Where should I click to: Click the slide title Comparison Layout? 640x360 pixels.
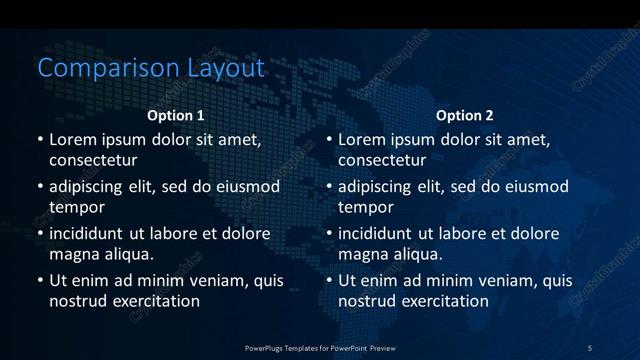(x=151, y=68)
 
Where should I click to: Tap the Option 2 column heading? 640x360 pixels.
(x=465, y=116)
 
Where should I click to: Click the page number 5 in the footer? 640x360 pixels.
(x=590, y=347)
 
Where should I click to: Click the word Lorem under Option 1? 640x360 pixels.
(x=73, y=139)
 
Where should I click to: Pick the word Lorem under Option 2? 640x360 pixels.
(x=362, y=139)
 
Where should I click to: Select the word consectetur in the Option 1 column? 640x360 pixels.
(x=93, y=159)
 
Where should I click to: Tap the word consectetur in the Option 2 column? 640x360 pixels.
(x=382, y=159)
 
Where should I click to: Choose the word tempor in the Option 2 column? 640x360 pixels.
(x=366, y=206)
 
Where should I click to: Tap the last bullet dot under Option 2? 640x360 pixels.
(x=328, y=281)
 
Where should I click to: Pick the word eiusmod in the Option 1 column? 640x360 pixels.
(x=246, y=186)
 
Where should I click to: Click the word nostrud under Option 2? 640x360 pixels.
(x=368, y=300)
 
